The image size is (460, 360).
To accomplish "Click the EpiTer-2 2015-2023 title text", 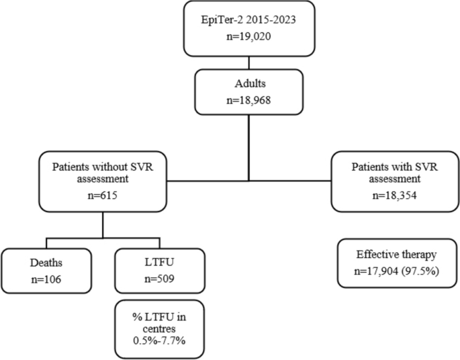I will [x=250, y=23].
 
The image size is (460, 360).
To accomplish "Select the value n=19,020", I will [x=250, y=40].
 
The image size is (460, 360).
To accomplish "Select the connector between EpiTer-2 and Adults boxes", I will [x=250, y=62].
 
